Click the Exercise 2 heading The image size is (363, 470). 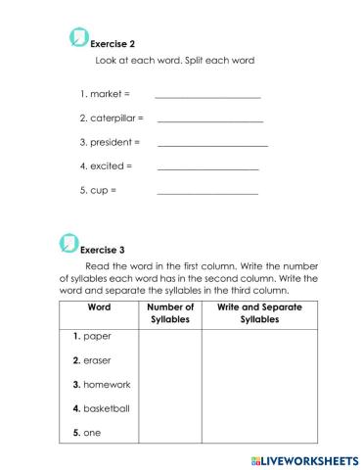(112, 44)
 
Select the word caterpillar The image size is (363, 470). (114, 117)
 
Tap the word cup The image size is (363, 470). (98, 189)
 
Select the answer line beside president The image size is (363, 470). (212, 145)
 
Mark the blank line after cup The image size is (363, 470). (207, 193)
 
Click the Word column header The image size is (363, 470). (99, 307)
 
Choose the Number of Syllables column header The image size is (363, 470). (170, 313)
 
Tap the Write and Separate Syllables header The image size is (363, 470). (258, 313)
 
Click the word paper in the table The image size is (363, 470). (98, 336)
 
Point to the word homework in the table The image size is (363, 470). (107, 384)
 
